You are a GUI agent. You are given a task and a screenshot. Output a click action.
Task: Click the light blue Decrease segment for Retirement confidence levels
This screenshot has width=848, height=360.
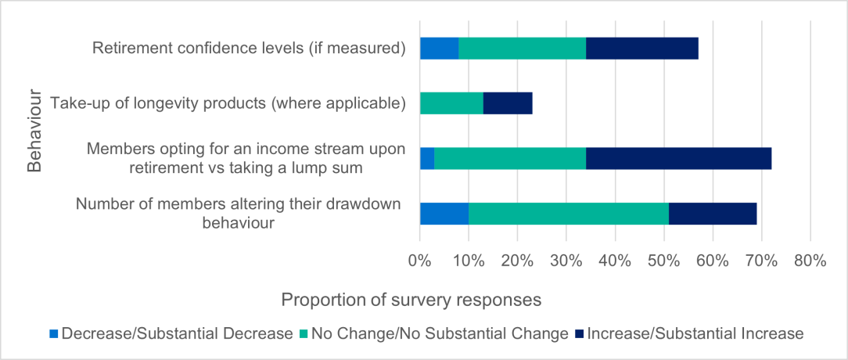(x=439, y=49)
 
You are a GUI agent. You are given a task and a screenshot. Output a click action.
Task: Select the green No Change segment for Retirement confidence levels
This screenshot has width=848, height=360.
(x=522, y=49)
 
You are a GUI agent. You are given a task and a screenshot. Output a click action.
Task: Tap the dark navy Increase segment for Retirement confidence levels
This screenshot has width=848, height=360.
(x=641, y=49)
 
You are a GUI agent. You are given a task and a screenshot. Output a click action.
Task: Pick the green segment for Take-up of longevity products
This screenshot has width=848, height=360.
(x=451, y=103)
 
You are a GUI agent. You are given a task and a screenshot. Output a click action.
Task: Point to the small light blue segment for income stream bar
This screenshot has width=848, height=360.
(x=427, y=158)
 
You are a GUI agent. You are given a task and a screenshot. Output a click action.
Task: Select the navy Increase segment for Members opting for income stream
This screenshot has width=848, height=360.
(x=678, y=158)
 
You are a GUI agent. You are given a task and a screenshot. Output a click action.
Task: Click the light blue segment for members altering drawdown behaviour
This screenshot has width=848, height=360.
(x=444, y=214)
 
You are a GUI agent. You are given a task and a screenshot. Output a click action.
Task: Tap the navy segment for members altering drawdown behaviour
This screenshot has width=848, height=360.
(x=713, y=214)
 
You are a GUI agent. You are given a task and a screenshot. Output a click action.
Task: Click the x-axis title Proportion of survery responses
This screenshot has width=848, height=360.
(x=411, y=301)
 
